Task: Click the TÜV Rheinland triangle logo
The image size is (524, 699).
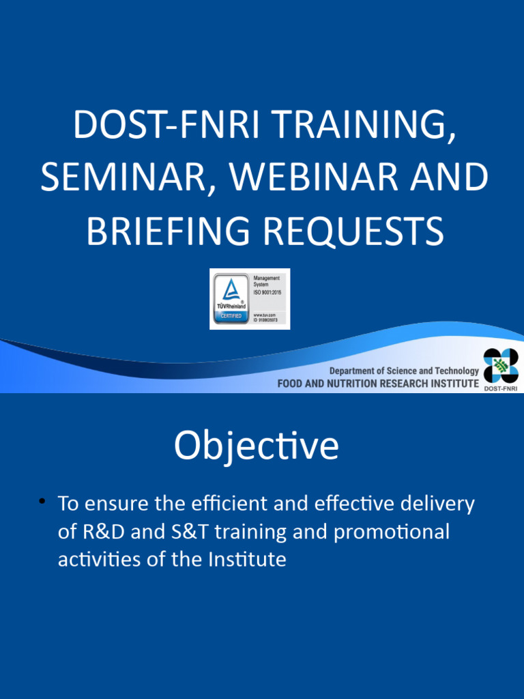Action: point(231,290)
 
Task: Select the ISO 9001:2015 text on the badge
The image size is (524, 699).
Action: point(267,292)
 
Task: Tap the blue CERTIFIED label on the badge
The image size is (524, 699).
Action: point(231,316)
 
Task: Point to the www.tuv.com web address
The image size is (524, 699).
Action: point(265,314)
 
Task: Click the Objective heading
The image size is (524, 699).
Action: point(256,446)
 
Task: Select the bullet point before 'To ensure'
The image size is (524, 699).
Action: point(42,502)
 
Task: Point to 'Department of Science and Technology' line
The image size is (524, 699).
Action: point(404,371)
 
